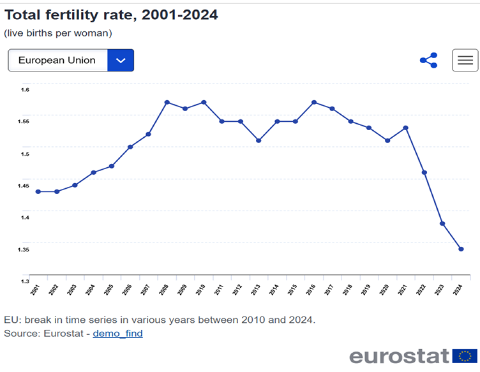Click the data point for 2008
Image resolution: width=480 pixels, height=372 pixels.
(167, 102)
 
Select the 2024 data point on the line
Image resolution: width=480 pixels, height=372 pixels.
(461, 249)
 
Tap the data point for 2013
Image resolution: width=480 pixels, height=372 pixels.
(259, 141)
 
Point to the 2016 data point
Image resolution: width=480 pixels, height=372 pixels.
(314, 102)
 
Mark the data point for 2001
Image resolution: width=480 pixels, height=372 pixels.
(38, 192)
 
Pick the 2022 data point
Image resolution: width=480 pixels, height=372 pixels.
(424, 172)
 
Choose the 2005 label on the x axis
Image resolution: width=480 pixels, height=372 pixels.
(109, 289)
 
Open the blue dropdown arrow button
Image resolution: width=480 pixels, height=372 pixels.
(121, 60)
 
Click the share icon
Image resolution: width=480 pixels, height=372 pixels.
(429, 60)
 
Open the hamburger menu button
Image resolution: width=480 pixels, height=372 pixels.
(465, 60)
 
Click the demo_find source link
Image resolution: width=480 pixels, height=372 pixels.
(118, 334)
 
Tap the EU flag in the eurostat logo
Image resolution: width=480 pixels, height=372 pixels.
(465, 356)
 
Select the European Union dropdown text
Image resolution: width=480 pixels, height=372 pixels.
(57, 60)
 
